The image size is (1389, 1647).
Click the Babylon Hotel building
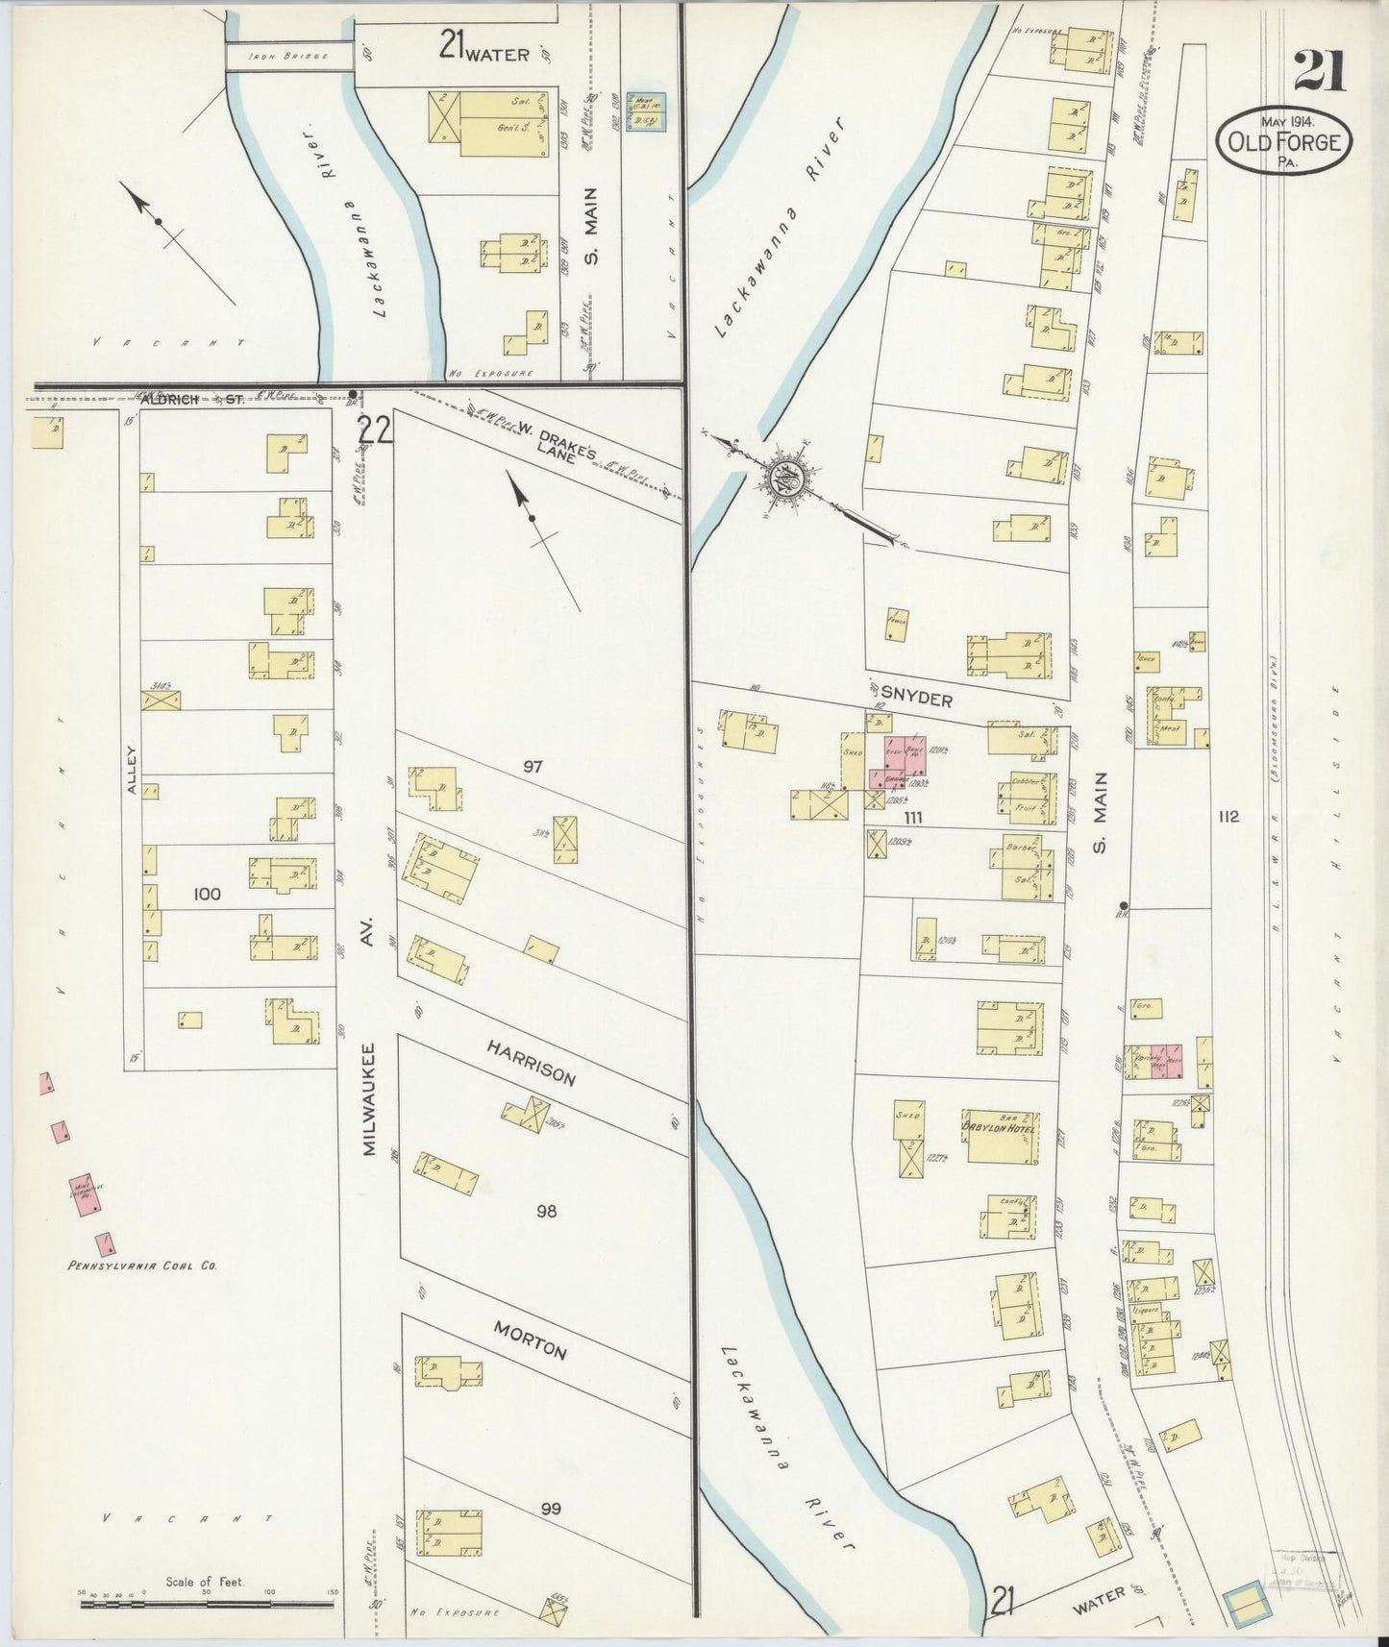tap(1004, 1137)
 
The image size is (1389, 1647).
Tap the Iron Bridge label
tap(287, 57)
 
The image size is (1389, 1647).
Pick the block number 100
tap(207, 895)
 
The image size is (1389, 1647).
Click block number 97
tap(533, 766)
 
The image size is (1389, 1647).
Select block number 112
tap(1227, 818)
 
